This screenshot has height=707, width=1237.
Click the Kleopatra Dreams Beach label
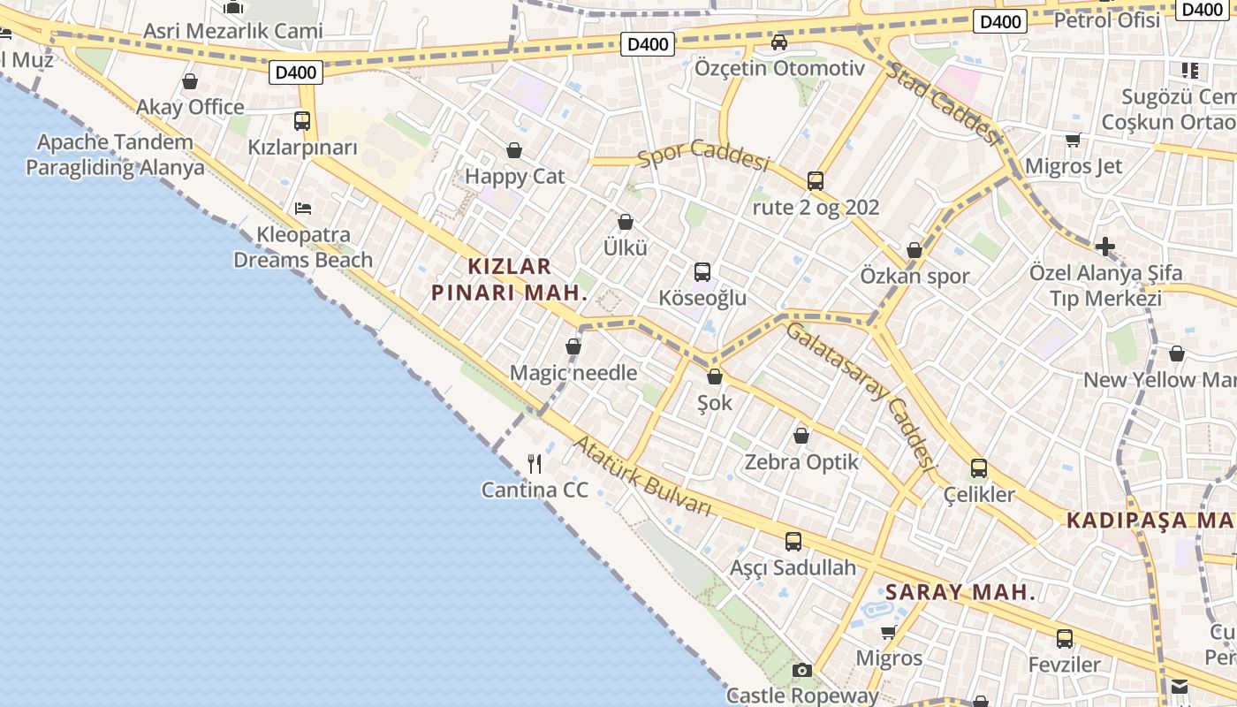pos(302,247)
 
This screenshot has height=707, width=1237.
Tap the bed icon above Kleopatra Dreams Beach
pos(303,209)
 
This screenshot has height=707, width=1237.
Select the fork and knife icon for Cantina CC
pos(535,464)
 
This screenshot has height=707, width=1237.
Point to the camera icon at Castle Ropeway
pos(801,671)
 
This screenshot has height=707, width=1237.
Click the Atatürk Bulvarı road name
pos(643,476)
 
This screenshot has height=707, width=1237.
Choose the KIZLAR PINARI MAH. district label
pos(509,279)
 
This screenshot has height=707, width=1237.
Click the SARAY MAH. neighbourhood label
pos(960,592)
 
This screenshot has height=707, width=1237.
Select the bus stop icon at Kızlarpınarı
pos(302,120)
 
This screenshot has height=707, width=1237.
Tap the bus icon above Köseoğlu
pos(702,272)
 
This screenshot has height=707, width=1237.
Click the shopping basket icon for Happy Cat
pos(514,151)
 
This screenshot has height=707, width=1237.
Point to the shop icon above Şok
pos(715,377)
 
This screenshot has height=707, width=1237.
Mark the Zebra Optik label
pos(801,461)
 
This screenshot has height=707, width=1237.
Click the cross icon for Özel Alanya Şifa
pos(1104,247)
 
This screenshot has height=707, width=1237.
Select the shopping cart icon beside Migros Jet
pos(1074,140)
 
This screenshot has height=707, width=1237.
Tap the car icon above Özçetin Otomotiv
pos(778,42)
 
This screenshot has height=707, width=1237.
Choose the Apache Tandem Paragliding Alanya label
pos(115,155)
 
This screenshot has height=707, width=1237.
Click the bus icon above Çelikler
pos(979,468)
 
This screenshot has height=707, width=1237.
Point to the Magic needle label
pos(573,373)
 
